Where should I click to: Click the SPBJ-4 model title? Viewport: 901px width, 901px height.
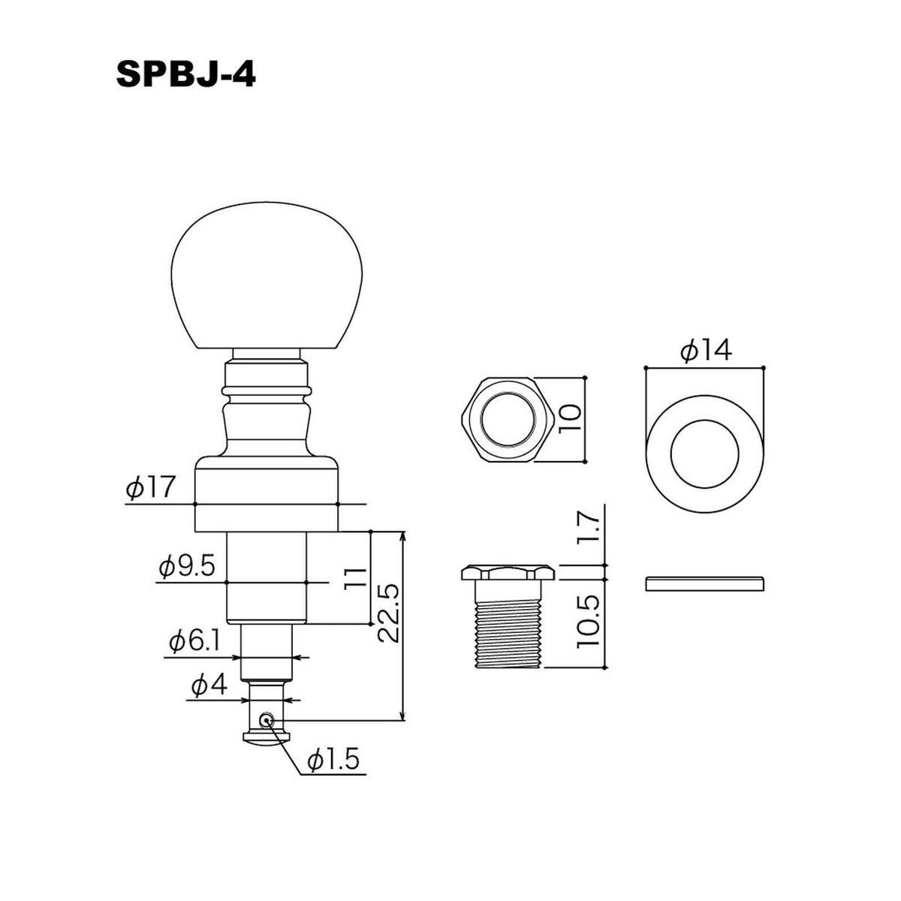[x=185, y=75]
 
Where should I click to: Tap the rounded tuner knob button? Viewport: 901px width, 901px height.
[x=267, y=276]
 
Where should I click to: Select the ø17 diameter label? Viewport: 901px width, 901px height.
[x=150, y=488]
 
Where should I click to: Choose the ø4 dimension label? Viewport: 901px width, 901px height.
[x=209, y=686]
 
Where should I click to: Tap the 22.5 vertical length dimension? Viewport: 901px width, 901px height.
[x=389, y=613]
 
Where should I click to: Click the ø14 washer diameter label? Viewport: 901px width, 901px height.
[x=707, y=350]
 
